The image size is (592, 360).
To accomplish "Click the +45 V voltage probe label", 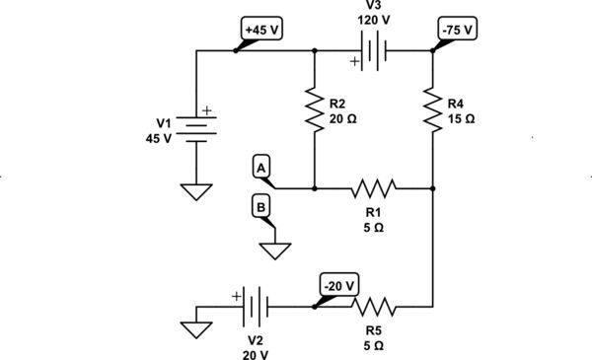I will point(261,30).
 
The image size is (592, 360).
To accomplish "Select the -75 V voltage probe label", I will point(457,30).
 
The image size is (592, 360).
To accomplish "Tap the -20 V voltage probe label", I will point(340,286).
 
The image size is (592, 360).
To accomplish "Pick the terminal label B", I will point(260,207).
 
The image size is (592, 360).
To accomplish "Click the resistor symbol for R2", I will point(314,110).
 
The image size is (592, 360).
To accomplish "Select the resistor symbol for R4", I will point(433,110).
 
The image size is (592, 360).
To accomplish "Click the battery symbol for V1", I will point(197,128).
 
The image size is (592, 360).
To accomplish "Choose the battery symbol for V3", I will point(373,51).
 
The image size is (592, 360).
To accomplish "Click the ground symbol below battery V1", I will point(197,191).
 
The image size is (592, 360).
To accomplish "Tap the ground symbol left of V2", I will point(197,325).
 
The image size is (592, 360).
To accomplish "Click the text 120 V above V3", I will point(373,20).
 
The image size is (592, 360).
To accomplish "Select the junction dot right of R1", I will point(433,186).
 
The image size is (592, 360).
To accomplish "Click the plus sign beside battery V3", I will point(353,62).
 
